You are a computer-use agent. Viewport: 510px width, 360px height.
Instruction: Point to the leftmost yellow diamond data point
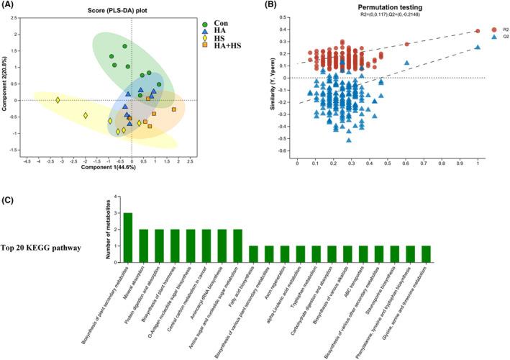point(58,100)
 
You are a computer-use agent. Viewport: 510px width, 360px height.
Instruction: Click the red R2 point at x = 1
point(478,31)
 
